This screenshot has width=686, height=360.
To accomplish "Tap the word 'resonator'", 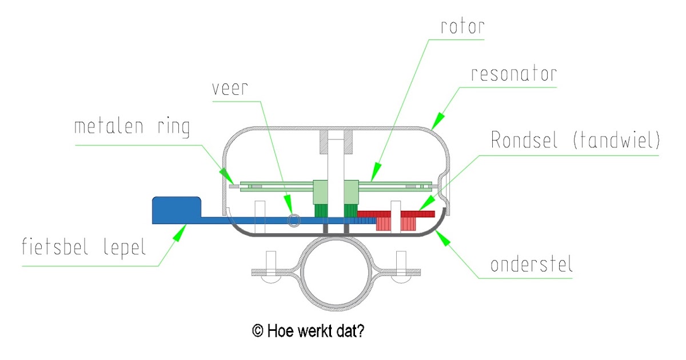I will [x=514, y=74].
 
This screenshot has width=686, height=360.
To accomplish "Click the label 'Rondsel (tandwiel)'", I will [x=575, y=141].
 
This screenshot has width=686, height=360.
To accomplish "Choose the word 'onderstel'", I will [x=532, y=265].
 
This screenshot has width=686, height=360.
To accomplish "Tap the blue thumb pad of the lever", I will [x=176, y=209].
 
